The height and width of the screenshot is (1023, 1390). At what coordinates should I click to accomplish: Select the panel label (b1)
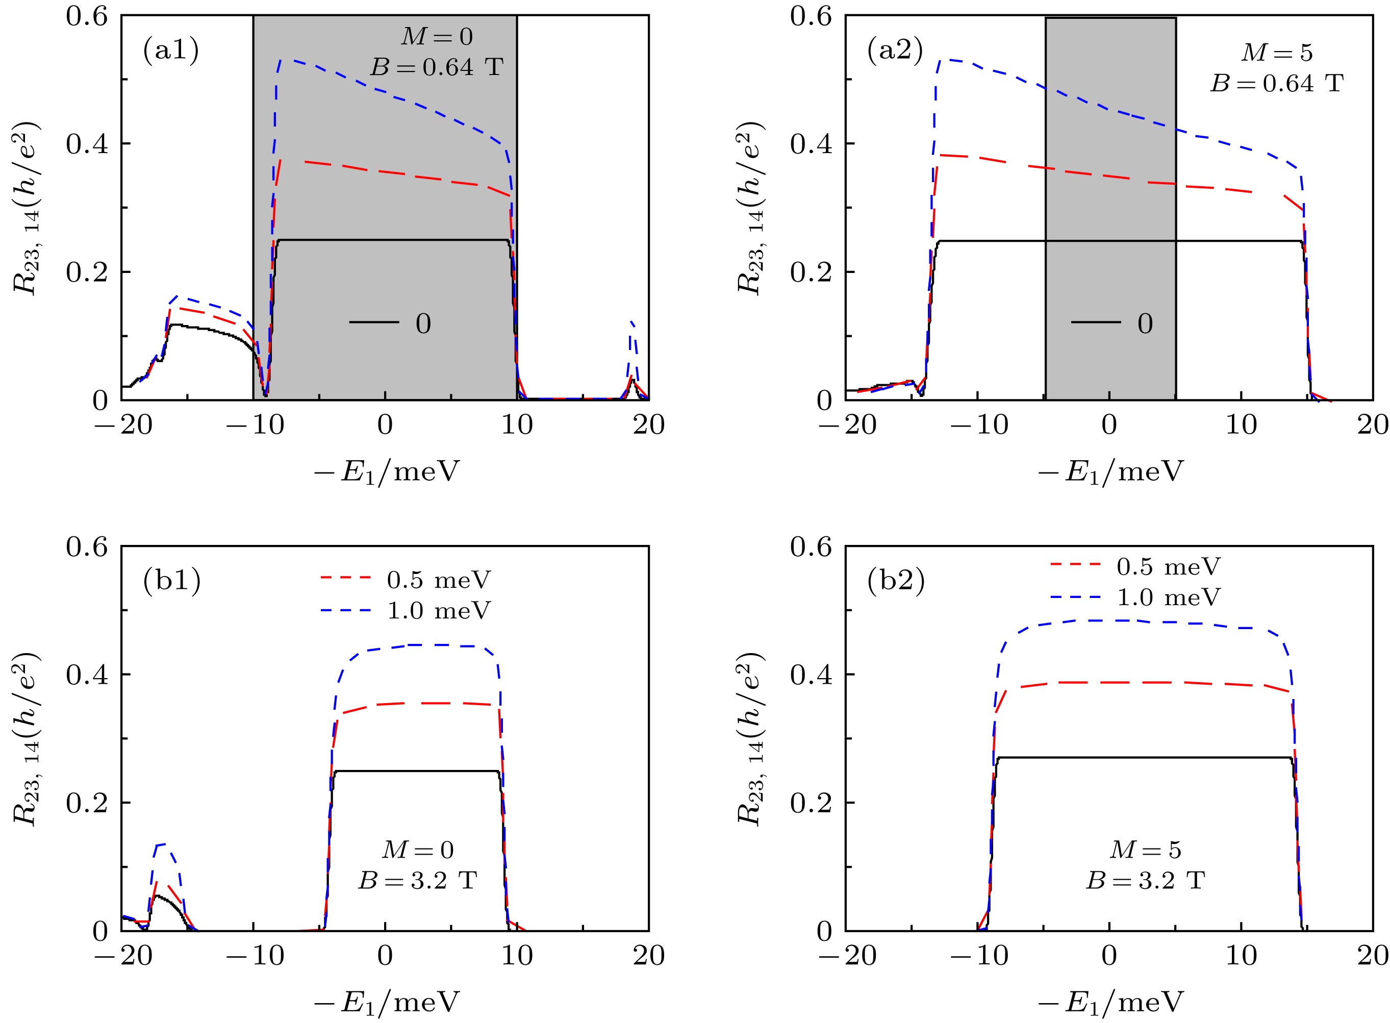[x=171, y=582]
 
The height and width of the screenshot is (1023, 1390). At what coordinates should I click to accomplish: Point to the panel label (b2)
[x=895, y=582]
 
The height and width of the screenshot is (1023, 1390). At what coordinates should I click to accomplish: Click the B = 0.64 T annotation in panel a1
[x=437, y=67]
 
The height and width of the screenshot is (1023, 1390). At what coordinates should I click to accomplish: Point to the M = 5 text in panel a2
[x=1277, y=53]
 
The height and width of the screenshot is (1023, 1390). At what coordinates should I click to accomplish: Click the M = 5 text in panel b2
[x=1146, y=850]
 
